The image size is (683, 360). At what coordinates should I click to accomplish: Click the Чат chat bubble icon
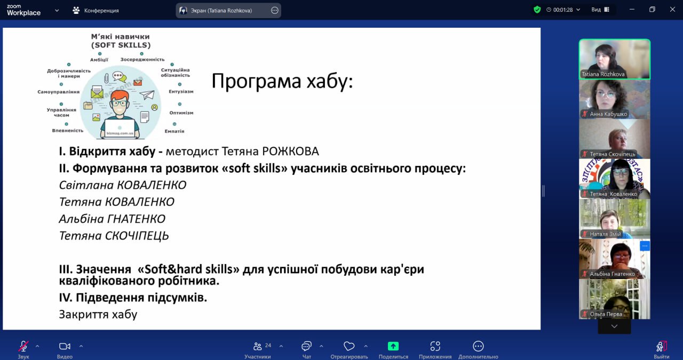(x=306, y=346)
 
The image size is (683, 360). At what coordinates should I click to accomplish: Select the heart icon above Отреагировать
(x=349, y=346)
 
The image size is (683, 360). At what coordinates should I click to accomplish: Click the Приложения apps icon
(x=435, y=346)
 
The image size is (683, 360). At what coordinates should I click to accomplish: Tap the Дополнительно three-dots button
(x=478, y=346)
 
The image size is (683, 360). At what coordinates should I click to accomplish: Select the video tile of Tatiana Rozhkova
(x=614, y=59)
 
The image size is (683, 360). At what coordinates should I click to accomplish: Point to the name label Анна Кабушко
(x=608, y=114)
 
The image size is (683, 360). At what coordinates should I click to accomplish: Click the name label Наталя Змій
(x=605, y=234)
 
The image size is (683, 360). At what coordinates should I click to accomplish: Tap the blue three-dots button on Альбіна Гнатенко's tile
(x=645, y=246)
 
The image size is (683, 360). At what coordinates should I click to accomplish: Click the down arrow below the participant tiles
(x=614, y=326)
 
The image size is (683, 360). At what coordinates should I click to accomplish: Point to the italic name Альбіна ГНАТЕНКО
(x=112, y=219)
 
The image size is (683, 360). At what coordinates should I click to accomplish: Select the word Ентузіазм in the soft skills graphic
(x=181, y=91)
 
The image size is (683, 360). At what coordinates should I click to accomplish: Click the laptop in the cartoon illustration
(x=120, y=129)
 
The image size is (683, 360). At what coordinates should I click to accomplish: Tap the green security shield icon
(x=537, y=10)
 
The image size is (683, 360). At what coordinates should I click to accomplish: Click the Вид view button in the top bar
(x=600, y=10)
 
